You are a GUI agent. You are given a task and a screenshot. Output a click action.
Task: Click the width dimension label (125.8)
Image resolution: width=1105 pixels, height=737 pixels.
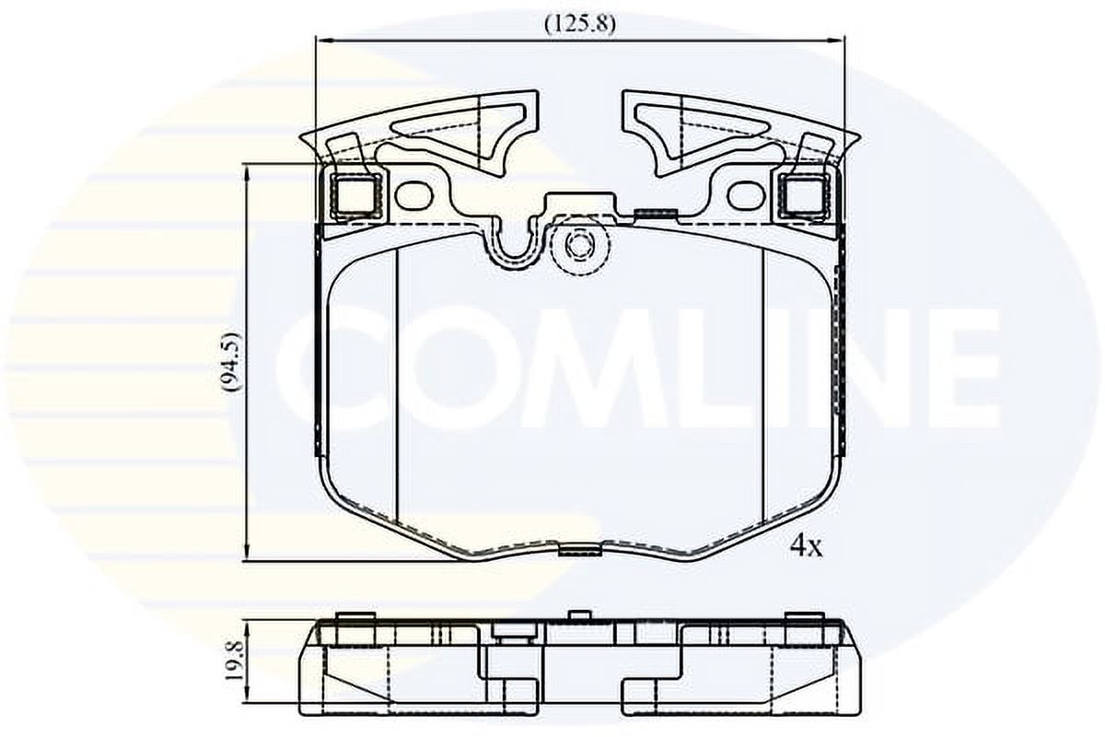coord(580,25)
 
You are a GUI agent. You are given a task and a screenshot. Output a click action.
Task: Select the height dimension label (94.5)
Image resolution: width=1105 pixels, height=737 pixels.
coord(232,363)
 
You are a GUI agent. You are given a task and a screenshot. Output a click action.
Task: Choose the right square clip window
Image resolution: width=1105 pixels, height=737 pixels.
coord(806,195)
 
